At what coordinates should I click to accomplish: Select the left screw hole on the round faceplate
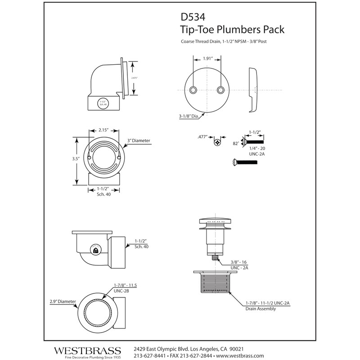[x=193, y=90]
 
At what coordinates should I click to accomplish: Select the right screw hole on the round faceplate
[x=220, y=90]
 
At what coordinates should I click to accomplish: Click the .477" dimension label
[x=204, y=138]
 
